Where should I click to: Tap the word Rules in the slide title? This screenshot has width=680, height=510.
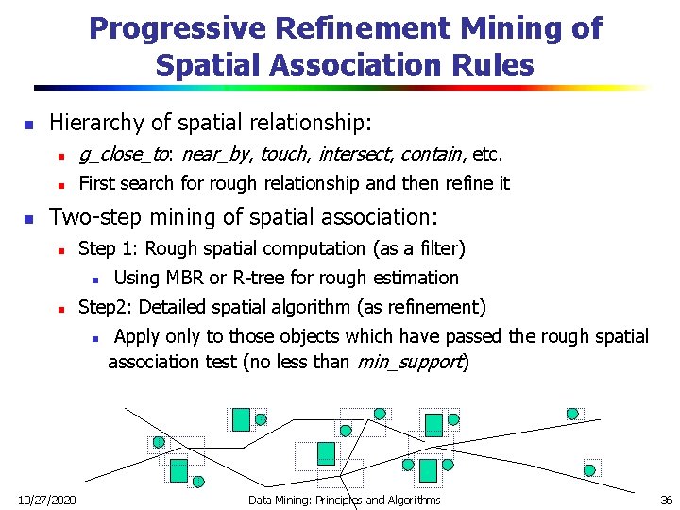492,65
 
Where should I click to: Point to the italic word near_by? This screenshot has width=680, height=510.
217,154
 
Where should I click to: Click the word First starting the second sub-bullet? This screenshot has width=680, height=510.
98,183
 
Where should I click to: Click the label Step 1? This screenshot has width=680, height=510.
110,248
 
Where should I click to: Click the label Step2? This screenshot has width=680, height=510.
106,307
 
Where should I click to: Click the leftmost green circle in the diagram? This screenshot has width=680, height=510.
159,442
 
